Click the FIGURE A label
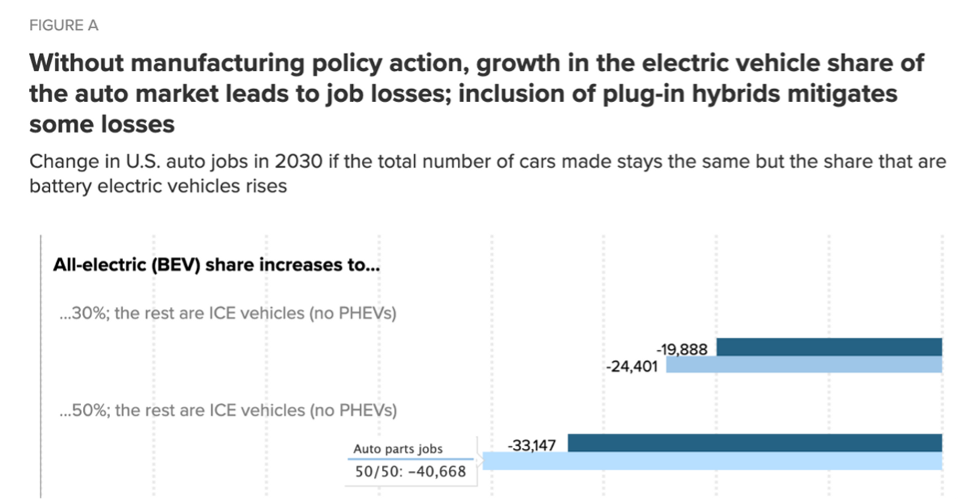click(x=64, y=25)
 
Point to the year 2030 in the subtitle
click(x=304, y=163)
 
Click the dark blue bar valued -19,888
click(x=829, y=347)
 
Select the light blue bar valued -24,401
click(x=803, y=365)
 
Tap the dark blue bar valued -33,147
click(x=754, y=443)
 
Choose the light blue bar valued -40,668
click(x=712, y=461)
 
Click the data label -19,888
click(x=682, y=349)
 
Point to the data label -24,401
click(x=631, y=367)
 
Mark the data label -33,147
click(x=531, y=446)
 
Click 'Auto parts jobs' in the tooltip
click(x=398, y=450)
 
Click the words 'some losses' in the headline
click(x=102, y=124)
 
